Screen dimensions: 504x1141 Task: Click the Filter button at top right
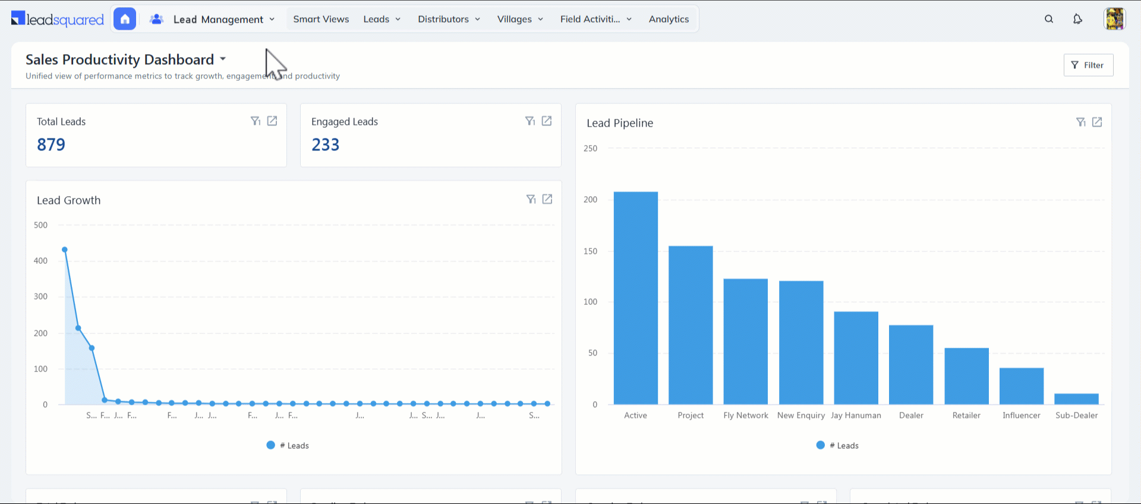[x=1088, y=65]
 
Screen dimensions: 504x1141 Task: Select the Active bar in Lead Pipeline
[x=635, y=297]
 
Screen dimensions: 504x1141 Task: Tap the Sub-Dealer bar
[x=1076, y=399]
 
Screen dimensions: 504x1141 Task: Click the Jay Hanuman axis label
[x=856, y=415]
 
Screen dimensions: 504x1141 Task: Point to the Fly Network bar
[x=745, y=341]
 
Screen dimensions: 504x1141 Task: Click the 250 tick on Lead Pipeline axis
[x=590, y=149]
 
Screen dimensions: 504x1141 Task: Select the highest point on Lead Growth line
[x=65, y=250]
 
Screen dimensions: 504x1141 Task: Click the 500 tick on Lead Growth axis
[x=40, y=225]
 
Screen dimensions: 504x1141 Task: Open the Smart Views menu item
[x=321, y=19]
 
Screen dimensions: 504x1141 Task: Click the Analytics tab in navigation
[x=669, y=19]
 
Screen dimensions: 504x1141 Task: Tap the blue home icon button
[x=125, y=19]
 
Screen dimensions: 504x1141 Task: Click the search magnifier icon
[x=1049, y=19]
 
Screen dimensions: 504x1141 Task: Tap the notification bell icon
[x=1077, y=19]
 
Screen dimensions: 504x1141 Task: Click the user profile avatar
[x=1114, y=19]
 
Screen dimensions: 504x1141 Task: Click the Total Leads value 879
[x=51, y=144]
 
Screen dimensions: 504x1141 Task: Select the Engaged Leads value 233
[x=325, y=144]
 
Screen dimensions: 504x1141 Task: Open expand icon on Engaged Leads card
[x=547, y=121]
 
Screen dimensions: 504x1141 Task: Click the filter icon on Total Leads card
[x=256, y=121]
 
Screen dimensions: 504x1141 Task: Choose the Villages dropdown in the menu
[x=520, y=19]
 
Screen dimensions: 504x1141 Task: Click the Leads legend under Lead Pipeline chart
[x=838, y=446]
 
